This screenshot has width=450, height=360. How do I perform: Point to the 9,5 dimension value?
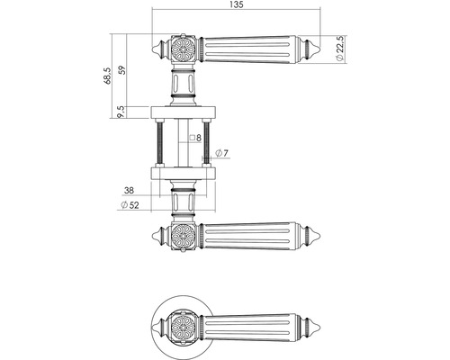coord(120,112)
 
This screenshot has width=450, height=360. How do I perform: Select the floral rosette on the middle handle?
coord(184,234)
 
